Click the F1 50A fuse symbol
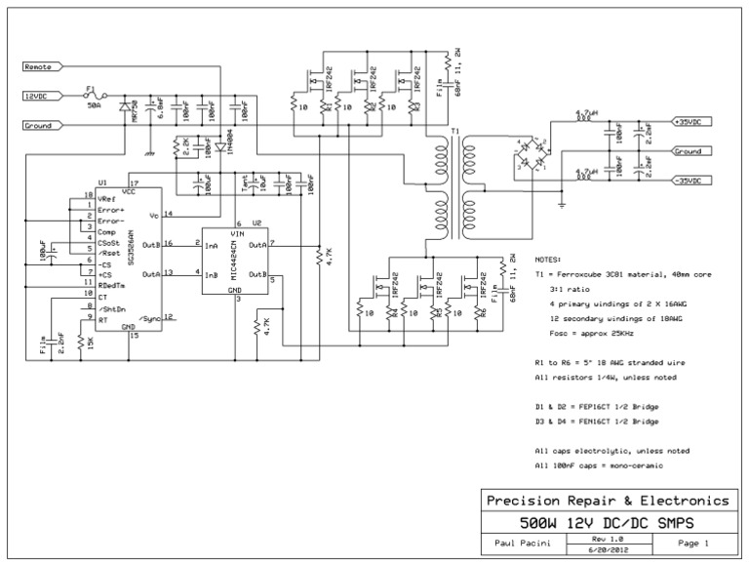click(x=93, y=97)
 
